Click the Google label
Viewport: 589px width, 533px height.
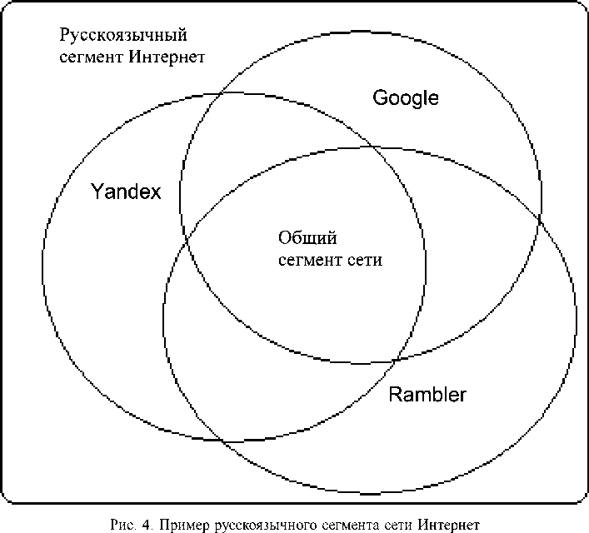tap(406, 97)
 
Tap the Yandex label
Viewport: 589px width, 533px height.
tap(125, 192)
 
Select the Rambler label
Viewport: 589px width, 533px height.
tap(427, 393)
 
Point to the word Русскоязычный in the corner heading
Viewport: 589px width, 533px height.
tap(122, 36)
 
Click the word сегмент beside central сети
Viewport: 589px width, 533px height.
tap(308, 259)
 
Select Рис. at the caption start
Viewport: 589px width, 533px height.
tap(121, 525)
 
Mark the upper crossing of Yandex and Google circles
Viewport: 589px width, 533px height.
tap(218, 94)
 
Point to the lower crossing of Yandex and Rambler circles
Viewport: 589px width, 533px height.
tap(223, 441)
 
